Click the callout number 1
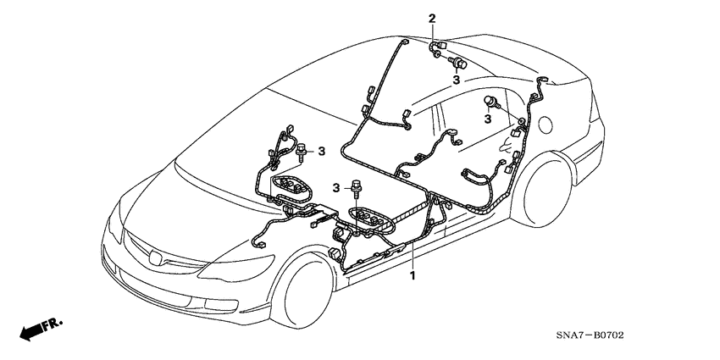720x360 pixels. [413, 276]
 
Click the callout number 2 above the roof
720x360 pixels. [432, 19]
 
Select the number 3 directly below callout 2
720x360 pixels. [456, 80]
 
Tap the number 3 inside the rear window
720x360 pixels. [488, 120]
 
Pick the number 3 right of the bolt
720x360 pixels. [321, 151]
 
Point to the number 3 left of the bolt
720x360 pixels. [336, 186]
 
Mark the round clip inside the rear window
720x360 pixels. [491, 102]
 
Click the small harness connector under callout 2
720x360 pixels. [438, 47]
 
